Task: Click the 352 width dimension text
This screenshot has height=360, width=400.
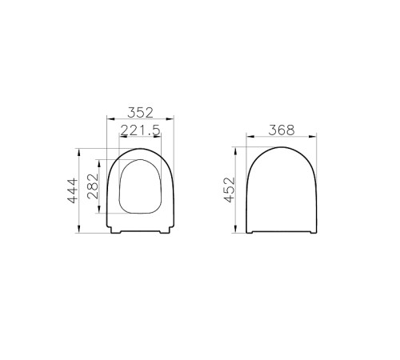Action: (141, 111)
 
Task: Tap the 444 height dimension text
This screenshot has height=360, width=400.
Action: (72, 191)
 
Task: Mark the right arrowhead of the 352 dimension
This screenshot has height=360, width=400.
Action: (174, 121)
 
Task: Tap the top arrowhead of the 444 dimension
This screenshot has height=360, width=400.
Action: (80, 150)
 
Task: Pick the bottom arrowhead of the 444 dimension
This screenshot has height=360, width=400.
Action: (80, 232)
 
